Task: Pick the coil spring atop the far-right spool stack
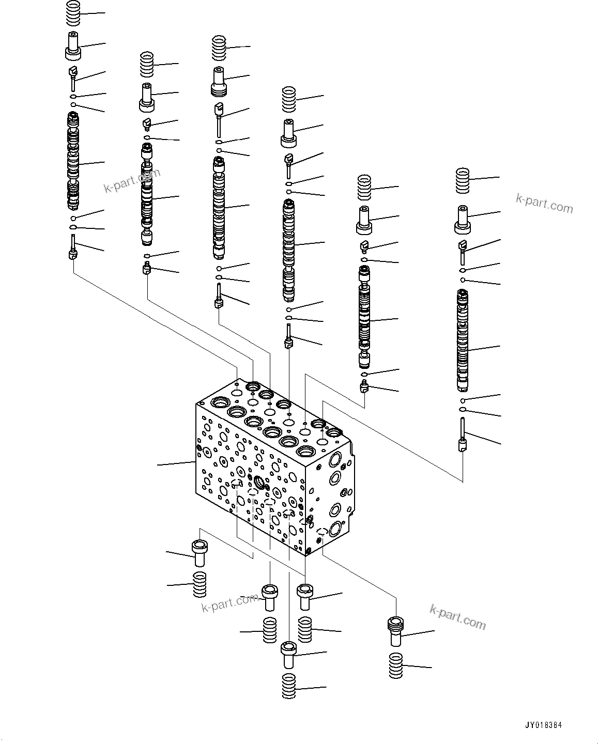point(463,181)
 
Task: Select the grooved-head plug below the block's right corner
point(395,631)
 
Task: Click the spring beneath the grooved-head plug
point(396,665)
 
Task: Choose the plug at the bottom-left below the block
point(200,554)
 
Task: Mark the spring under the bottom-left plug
point(200,584)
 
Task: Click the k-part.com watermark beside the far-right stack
point(544,204)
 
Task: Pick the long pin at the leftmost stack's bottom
point(73,248)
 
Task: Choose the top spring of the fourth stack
point(289,100)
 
